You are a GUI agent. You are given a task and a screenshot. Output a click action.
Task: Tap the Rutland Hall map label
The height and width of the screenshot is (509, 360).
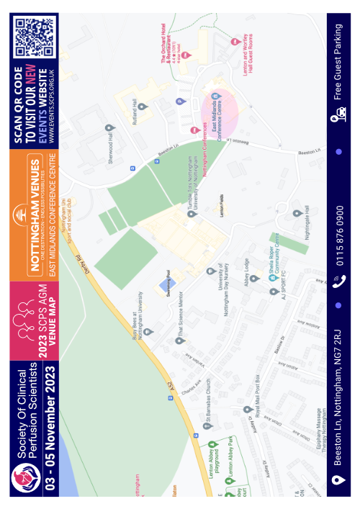[133, 110]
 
